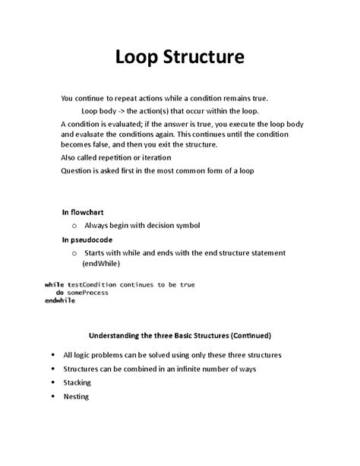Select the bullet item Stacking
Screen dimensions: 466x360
click(x=77, y=382)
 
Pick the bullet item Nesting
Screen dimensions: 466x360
click(x=76, y=396)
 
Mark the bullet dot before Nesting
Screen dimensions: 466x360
click(x=52, y=396)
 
